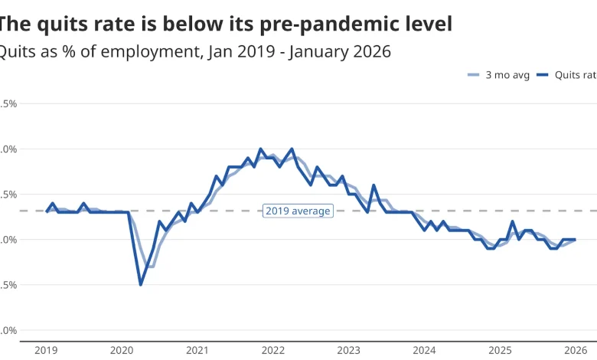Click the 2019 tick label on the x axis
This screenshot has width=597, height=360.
pos(46,350)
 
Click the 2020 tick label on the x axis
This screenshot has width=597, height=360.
pos(122,350)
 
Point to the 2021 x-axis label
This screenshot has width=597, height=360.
pos(197,350)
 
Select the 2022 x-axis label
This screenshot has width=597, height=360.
pos(273,350)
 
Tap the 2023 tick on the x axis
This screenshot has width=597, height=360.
pos(349,350)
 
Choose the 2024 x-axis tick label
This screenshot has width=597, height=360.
pos(425,350)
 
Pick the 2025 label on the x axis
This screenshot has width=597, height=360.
pos(501,350)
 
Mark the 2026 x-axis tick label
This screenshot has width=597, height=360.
pos(575,350)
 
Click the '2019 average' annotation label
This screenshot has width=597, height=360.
pos(298,211)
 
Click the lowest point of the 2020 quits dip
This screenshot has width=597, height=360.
pos(141,285)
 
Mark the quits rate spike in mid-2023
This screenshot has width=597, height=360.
pos(374,185)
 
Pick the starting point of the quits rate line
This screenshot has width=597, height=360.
pos(47,211)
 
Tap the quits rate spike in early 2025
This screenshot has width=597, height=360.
pos(512,222)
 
